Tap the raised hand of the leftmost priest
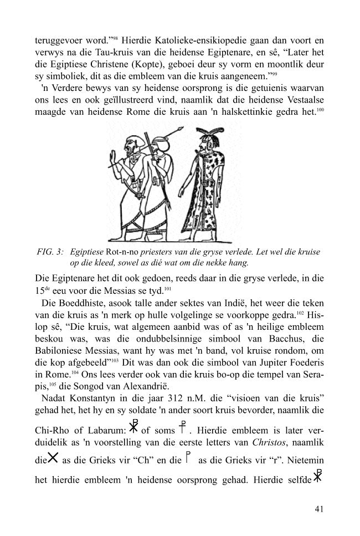pos(115,164)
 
